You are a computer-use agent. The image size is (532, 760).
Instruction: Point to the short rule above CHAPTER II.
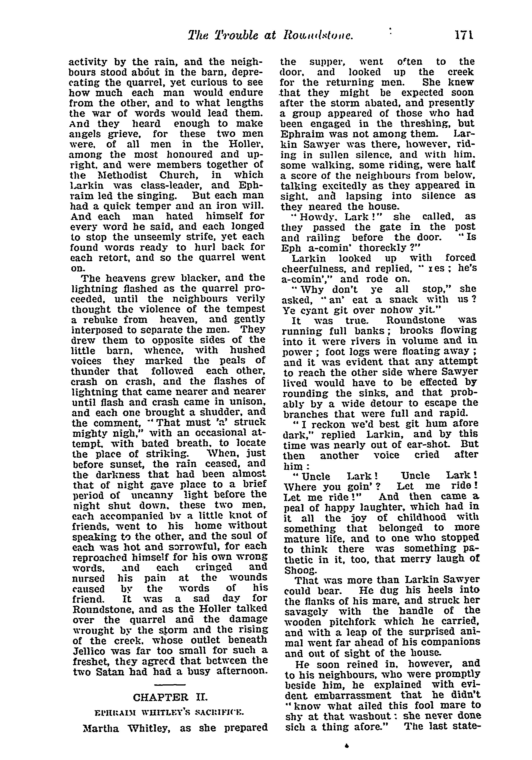[x=170, y=684]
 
